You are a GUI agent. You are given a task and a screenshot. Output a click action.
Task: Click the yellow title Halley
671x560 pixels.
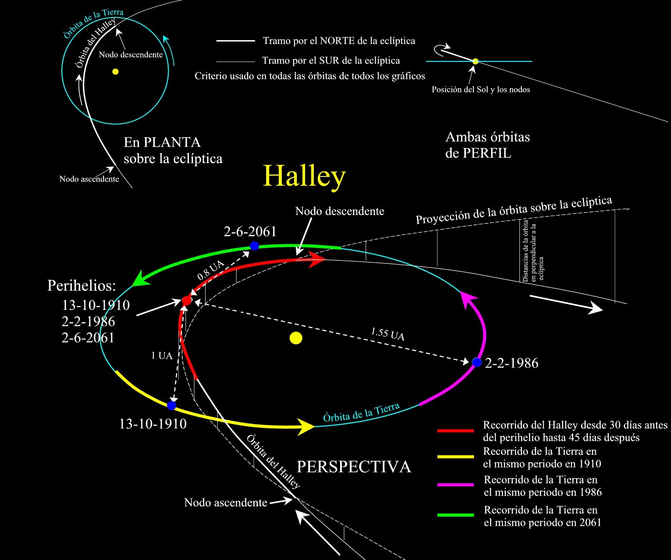[304, 176]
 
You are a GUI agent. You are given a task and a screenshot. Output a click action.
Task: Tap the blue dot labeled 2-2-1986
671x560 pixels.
[477, 362]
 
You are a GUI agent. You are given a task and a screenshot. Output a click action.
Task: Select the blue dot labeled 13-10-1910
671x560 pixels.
[171, 405]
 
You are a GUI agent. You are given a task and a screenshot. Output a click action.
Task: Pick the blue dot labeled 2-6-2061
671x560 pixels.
[254, 246]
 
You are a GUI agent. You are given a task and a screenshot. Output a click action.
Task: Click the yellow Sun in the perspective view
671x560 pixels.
[296, 338]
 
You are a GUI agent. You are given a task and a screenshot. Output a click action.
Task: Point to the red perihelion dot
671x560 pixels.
[186, 300]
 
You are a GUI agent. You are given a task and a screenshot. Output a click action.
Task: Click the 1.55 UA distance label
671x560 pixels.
[388, 334]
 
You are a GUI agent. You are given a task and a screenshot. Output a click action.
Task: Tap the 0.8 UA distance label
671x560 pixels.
[210, 270]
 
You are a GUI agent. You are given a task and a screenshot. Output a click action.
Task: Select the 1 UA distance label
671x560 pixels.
[162, 355]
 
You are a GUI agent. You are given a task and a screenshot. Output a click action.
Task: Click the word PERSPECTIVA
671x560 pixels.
[353, 467]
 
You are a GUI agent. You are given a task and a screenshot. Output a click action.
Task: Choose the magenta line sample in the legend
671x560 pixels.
[455, 485]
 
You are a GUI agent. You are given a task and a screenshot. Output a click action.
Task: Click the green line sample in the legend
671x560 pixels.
[455, 515]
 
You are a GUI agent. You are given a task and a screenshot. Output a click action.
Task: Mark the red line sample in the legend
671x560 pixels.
[455, 430]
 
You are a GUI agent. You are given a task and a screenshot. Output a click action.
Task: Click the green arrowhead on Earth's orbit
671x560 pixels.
[140, 279]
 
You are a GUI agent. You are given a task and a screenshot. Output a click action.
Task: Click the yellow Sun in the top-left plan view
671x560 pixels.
[115, 72]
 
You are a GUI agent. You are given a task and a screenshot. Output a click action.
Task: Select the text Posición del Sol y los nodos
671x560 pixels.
[480, 89]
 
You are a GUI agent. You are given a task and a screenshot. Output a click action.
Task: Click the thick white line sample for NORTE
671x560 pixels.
[236, 41]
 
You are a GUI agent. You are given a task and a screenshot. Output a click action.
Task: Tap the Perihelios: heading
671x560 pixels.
[81, 285]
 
